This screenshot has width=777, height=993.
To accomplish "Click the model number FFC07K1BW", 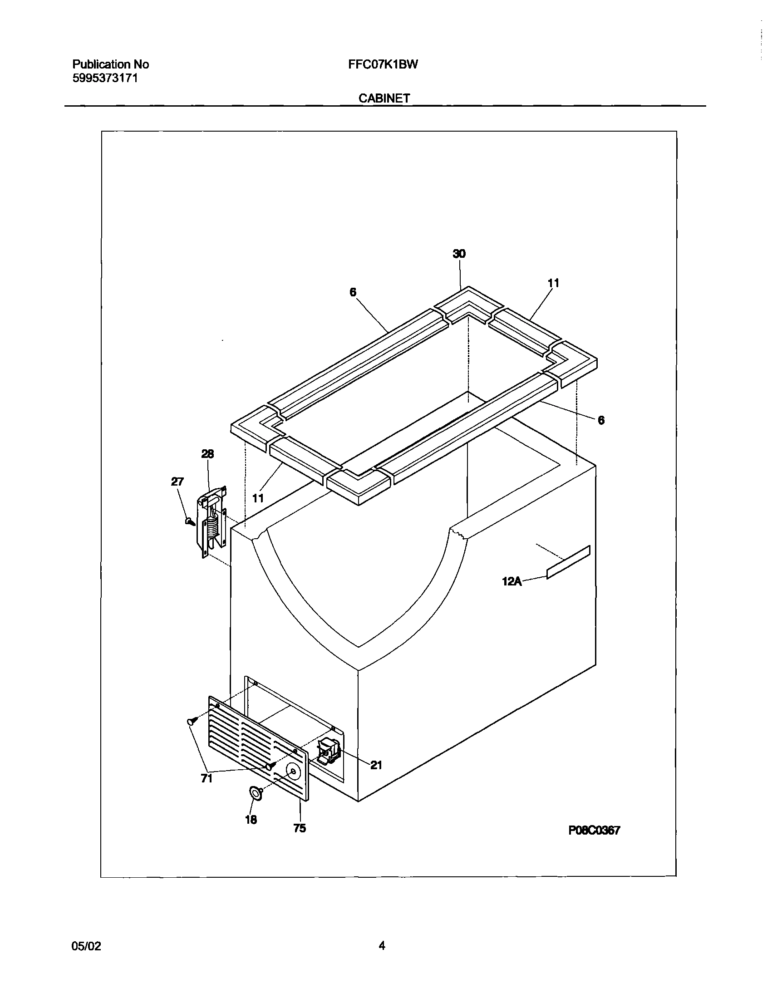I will (383, 64).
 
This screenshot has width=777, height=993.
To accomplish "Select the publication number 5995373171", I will (105, 78).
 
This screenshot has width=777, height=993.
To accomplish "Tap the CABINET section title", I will (384, 98).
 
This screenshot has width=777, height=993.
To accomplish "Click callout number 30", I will (459, 254).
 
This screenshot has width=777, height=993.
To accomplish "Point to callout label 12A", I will (511, 581).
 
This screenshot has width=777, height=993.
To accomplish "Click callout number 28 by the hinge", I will (207, 454).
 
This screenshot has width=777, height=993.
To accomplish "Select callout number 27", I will (177, 482).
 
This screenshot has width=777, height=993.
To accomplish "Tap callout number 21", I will (376, 766).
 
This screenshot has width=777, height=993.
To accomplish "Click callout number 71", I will (207, 779).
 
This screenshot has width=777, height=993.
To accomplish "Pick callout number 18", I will (251, 820).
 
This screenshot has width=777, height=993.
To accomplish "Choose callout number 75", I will (300, 828).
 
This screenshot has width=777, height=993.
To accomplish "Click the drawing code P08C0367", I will (594, 831).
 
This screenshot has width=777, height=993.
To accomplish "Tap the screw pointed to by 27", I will (190, 521).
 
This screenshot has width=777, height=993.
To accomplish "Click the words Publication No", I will (111, 64).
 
